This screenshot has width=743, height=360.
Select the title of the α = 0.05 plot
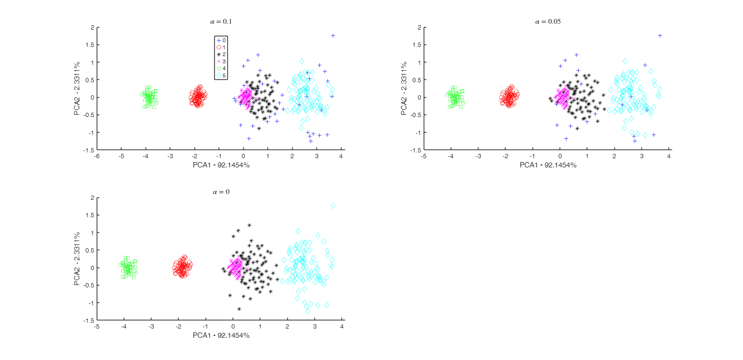[548, 21]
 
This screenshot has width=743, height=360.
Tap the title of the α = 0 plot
[221, 192]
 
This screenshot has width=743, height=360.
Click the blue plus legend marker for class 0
[219, 40]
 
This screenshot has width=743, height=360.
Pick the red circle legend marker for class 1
[219, 47]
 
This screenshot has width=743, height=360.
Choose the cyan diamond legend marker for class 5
[219, 75]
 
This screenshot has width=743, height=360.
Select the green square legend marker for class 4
[219, 68]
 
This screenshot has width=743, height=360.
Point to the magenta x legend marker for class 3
[219, 61]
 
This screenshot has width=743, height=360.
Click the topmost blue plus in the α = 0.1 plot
[333, 35]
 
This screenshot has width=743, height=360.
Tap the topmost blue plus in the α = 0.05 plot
[660, 35]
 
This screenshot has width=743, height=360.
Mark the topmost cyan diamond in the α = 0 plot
[333, 206]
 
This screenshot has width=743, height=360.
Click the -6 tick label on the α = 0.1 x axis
[97, 156]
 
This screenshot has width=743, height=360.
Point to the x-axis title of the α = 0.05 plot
[548, 165]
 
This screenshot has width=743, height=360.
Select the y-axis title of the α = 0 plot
[77, 259]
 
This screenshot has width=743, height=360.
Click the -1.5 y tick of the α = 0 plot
[89, 320]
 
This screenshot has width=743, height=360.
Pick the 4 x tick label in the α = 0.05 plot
[669, 156]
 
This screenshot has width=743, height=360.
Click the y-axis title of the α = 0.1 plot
[77, 89]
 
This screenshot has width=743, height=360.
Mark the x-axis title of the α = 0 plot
[221, 335]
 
